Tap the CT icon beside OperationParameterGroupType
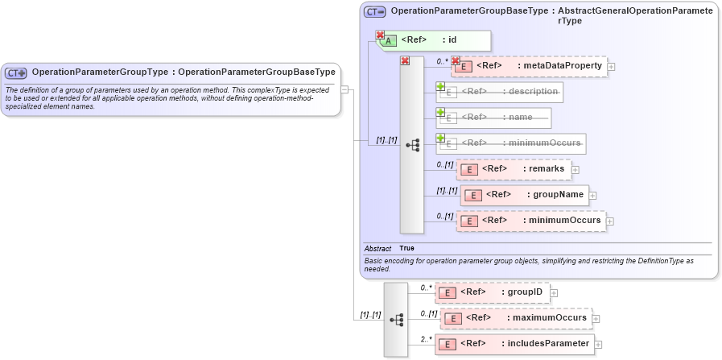[17, 72]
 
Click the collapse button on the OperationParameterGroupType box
[344, 89]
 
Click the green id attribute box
[435, 40]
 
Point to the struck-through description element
[499, 93]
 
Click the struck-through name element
[493, 118]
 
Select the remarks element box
[514, 169]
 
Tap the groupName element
[524, 195]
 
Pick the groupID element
[492, 292]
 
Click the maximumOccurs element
[515, 318]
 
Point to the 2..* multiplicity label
[425, 339]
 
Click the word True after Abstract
[406, 249]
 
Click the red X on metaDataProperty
[456, 60]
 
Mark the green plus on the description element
[440, 86]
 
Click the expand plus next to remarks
[576, 169]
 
